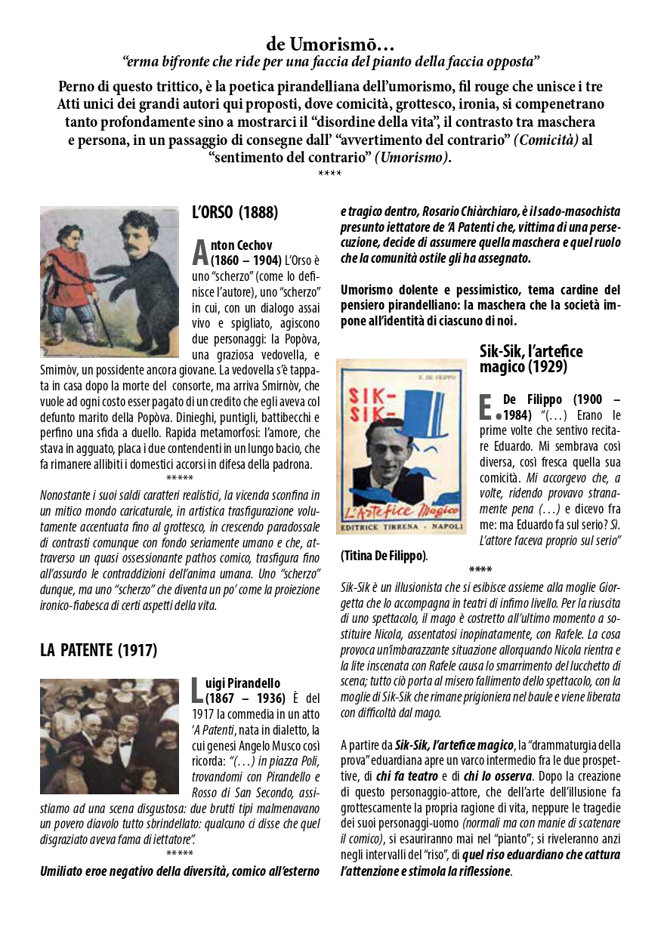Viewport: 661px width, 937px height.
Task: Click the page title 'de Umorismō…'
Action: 330,45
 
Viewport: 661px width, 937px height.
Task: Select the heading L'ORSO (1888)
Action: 235,212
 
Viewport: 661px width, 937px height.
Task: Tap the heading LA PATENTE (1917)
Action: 98,650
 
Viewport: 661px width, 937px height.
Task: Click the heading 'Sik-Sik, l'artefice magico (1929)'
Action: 531,359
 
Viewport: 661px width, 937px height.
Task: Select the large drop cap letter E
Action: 487,405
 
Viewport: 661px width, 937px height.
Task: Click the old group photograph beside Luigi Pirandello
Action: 110,735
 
